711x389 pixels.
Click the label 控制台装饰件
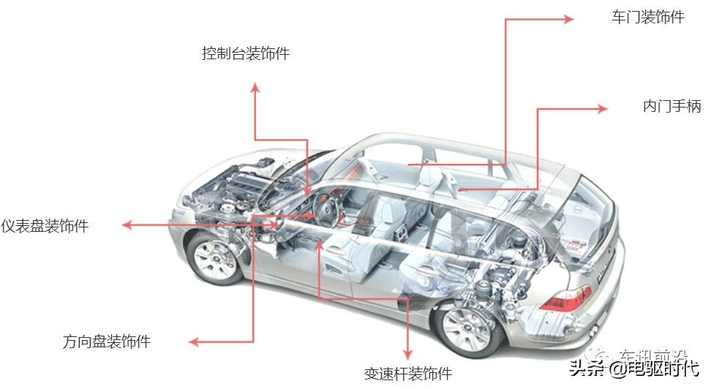point(246,54)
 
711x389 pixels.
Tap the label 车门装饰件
point(647,18)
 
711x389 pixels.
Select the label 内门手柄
point(671,107)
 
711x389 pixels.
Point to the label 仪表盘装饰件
point(45,226)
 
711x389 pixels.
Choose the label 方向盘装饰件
point(107,341)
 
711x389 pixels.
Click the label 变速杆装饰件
point(408,374)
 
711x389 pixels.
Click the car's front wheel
point(216,258)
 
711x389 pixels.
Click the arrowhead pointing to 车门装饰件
point(569,20)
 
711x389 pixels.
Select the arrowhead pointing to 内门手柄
point(602,109)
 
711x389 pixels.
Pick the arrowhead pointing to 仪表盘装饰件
point(127,225)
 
